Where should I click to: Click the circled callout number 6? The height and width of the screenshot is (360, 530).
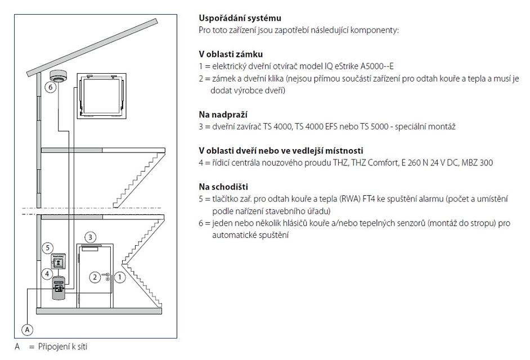pos(51,87)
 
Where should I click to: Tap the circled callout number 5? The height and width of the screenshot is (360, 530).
pos(47,247)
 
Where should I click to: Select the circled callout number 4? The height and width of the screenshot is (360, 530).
pos(47,273)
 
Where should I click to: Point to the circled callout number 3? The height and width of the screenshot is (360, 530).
pos(90,237)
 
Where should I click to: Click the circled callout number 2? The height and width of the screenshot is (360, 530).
pos(95,277)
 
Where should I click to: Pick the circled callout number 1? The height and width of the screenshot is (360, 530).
pos(120,277)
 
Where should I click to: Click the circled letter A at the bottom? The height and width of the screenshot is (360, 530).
pos(28,329)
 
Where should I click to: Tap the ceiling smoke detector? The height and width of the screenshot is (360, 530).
pos(57,76)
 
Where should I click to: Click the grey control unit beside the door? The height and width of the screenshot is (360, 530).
pos(59,287)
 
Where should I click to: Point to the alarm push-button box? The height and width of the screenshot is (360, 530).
pos(58,262)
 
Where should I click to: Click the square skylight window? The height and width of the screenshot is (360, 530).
pos(102,96)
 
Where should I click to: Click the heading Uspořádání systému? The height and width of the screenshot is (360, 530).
pos(240,18)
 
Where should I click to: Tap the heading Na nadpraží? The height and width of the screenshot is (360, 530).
pos(223,115)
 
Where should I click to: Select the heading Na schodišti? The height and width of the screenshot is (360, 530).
pos(223,187)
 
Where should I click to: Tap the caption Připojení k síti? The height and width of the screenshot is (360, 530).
pos(62,347)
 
